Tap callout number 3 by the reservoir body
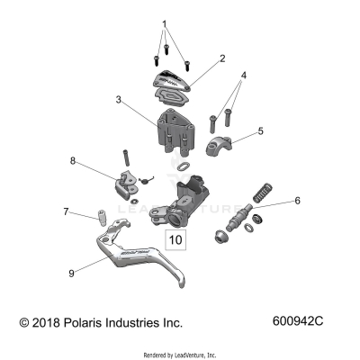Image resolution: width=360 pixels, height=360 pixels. (x=118, y=102)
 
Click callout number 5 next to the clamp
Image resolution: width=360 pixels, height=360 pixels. (x=260, y=130)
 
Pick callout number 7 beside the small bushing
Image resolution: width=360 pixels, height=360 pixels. (x=64, y=212)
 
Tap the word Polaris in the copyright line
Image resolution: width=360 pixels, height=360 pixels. (x=90, y=322)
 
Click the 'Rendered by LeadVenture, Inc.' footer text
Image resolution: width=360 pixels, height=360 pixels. (x=180, y=355)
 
